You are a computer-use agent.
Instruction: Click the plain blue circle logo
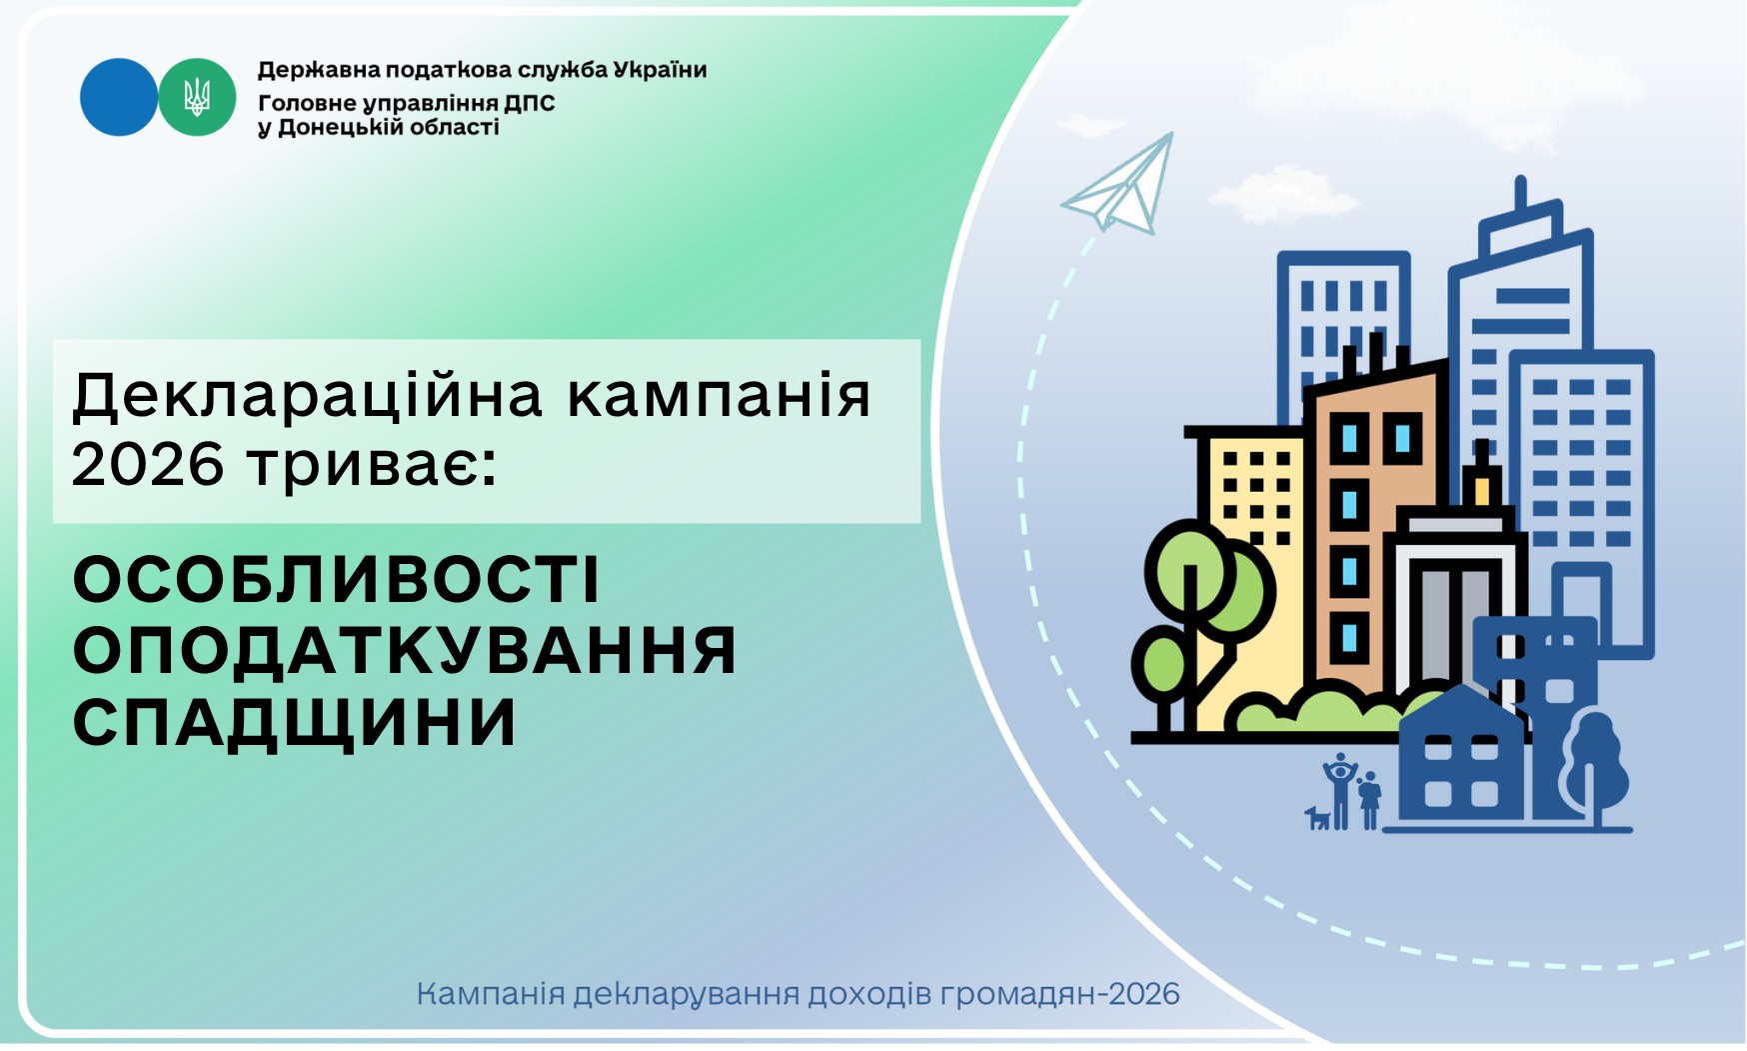pyautogui.click(x=119, y=97)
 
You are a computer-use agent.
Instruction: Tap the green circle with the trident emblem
pyautogui.click(x=197, y=97)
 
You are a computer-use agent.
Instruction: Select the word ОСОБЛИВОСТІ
pyautogui.click(x=337, y=579)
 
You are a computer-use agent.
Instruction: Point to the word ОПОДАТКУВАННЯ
pyautogui.click(x=405, y=651)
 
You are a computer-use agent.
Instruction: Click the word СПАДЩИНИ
pyautogui.click(x=295, y=722)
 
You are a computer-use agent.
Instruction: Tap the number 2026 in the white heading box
pyautogui.click(x=148, y=464)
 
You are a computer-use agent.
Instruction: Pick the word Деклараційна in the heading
pyautogui.click(x=308, y=397)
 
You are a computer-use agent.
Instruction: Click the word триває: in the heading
pyautogui.click(x=372, y=466)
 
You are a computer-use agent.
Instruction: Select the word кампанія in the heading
pyautogui.click(x=720, y=397)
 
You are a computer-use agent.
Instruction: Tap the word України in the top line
pyautogui.click(x=660, y=70)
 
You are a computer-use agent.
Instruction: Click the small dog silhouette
pyautogui.click(x=1318, y=818)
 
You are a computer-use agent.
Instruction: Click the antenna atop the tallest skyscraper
pyautogui.click(x=1520, y=194)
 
